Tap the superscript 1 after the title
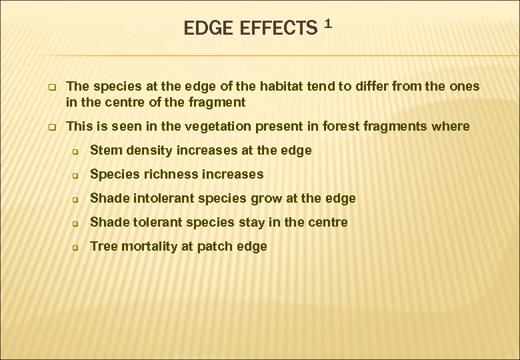pos(327,25)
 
